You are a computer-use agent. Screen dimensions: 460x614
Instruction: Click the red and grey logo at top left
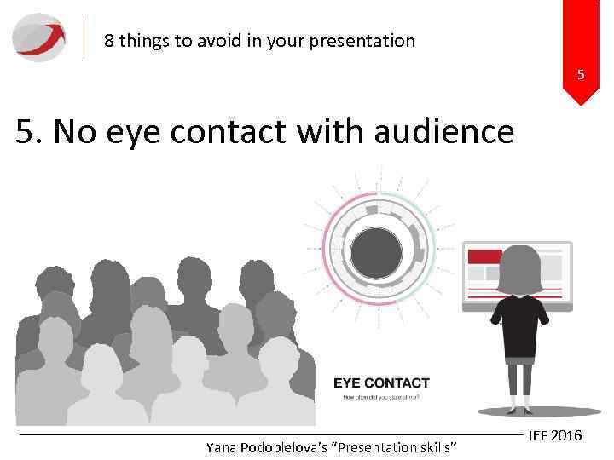(38, 37)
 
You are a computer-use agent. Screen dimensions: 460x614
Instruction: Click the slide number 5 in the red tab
(581, 75)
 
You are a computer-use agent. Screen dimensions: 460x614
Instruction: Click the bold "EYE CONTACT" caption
(381, 383)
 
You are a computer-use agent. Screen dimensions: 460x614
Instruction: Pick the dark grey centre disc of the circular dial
(376, 253)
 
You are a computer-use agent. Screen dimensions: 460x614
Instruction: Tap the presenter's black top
(518, 327)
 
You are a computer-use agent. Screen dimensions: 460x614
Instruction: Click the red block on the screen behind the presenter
(484, 256)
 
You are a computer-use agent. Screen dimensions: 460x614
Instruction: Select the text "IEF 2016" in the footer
(555, 435)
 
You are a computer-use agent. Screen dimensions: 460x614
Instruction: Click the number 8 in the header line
(109, 40)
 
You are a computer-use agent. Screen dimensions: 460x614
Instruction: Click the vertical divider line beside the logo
(84, 37)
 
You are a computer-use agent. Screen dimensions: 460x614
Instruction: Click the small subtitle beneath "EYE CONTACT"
(381, 397)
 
